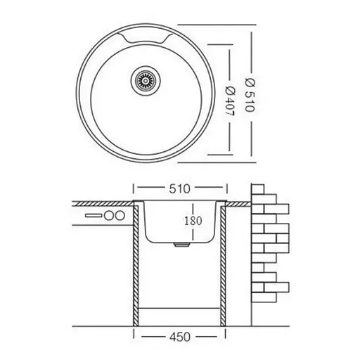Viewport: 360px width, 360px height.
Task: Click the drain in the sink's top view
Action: pyautogui.click(x=146, y=81)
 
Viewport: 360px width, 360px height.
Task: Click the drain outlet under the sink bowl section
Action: pyautogui.click(x=181, y=246)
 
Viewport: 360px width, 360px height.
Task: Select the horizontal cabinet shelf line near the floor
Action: pyautogui.click(x=181, y=309)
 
